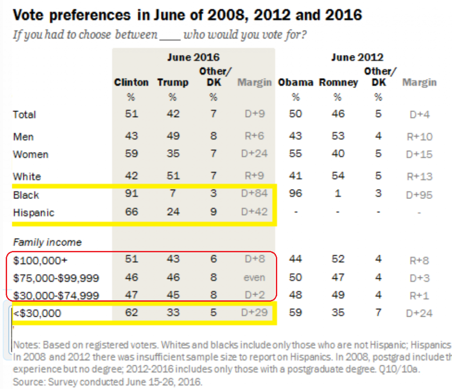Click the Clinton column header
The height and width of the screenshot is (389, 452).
(131, 82)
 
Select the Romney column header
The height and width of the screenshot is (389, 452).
(338, 82)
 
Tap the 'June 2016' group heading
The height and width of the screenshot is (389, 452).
(193, 57)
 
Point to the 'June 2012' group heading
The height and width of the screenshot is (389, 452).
(357, 57)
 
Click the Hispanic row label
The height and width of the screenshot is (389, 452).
(34, 213)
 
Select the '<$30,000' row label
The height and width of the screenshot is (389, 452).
(37, 314)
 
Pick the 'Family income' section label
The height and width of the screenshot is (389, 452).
(47, 242)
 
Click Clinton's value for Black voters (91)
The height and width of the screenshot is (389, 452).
(131, 194)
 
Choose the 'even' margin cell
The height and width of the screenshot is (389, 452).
(254, 277)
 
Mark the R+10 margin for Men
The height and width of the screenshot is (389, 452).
(419, 137)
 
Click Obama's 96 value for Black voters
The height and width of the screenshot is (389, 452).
(295, 194)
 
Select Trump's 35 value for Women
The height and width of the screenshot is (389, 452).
(173, 154)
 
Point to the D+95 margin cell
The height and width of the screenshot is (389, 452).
(419, 195)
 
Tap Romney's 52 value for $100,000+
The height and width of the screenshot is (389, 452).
(338, 259)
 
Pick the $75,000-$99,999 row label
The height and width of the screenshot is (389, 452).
(56, 278)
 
